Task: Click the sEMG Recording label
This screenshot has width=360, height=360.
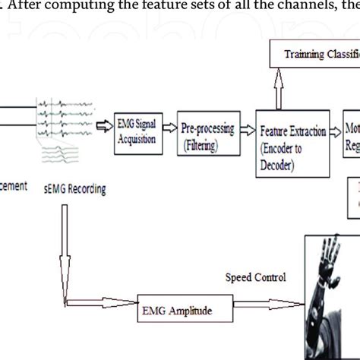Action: tap(74, 188)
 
